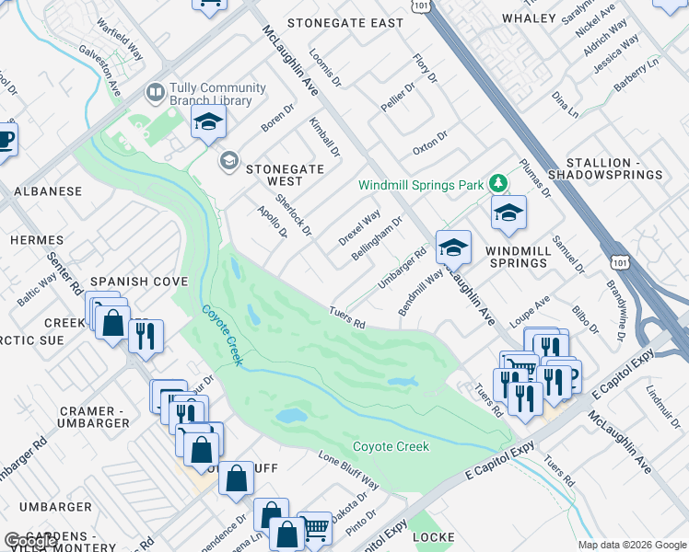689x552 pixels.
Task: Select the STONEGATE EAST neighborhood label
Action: tap(345, 22)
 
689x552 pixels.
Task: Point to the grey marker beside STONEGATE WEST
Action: tap(228, 162)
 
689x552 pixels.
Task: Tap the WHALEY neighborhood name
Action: tap(529, 18)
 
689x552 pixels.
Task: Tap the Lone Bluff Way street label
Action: tap(349, 470)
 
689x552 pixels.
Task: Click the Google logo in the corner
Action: tap(30, 542)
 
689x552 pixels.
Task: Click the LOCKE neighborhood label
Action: tap(434, 535)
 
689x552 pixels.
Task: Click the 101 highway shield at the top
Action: tap(421, 5)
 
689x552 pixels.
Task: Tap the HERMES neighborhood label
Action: tap(37, 240)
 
